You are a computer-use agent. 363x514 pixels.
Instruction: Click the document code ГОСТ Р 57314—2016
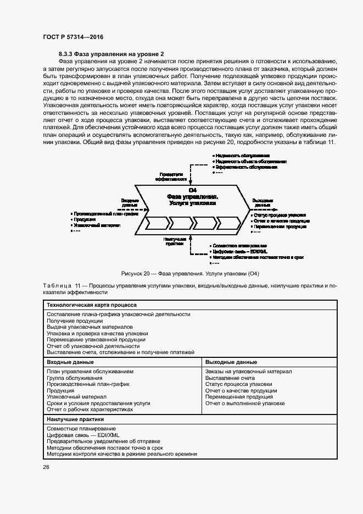click(x=72, y=37)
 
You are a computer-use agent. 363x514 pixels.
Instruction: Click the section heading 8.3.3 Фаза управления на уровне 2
click(x=111, y=54)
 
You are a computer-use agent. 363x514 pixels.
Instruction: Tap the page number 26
click(x=46, y=467)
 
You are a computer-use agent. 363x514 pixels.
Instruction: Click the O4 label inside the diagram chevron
click(x=192, y=190)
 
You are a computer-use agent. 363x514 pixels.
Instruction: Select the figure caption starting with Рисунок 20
click(x=189, y=274)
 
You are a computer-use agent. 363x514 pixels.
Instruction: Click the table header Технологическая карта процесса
click(x=92, y=305)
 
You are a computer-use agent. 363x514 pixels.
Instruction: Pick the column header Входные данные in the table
click(x=70, y=363)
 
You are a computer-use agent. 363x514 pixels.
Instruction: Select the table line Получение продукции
click(x=75, y=320)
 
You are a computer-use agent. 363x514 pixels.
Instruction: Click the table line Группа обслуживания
click(x=74, y=378)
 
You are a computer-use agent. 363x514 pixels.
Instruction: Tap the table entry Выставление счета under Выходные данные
click(x=230, y=378)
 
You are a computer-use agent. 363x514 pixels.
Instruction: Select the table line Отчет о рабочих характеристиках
click(x=90, y=410)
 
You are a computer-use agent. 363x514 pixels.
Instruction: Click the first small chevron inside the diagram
click(x=156, y=223)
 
